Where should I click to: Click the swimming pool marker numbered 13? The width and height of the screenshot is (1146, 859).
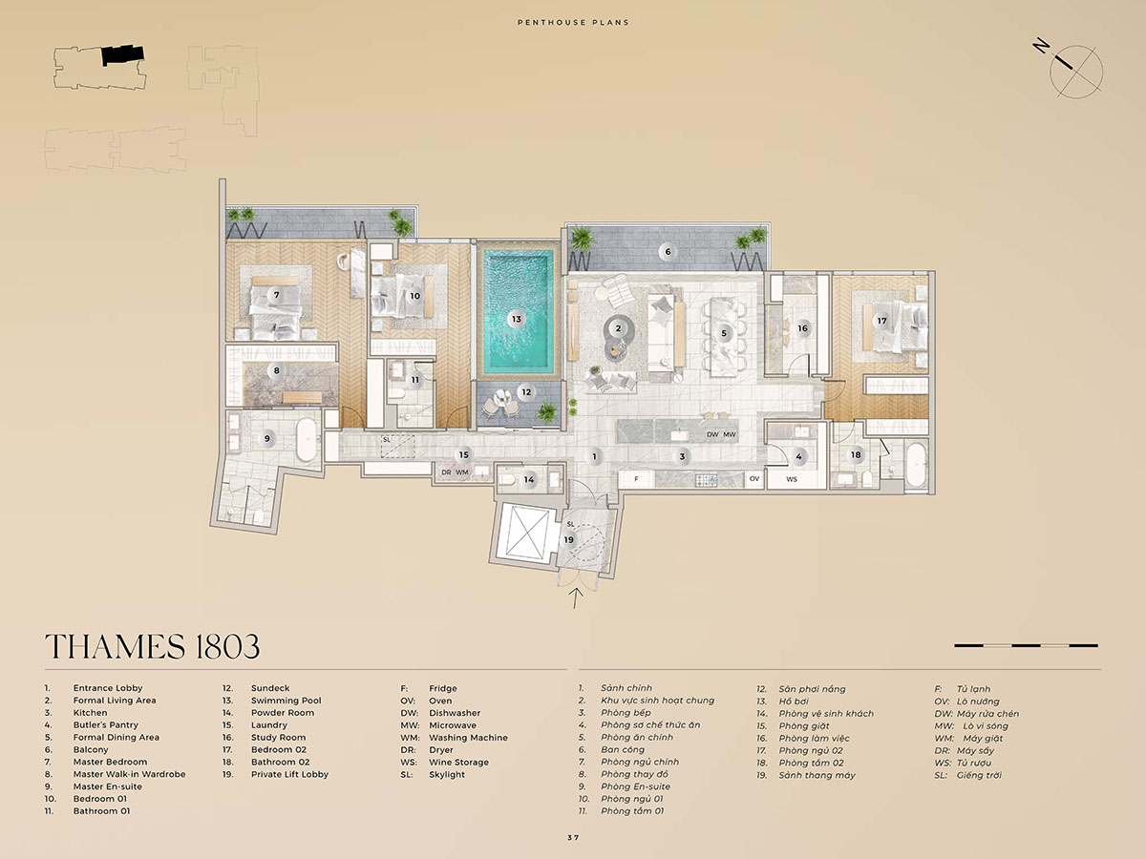click(517, 319)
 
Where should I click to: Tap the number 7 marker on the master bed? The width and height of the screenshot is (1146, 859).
click(277, 295)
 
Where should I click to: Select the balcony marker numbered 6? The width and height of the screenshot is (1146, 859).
click(668, 252)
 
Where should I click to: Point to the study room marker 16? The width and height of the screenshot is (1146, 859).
click(802, 328)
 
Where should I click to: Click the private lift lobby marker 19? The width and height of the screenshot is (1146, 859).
click(568, 540)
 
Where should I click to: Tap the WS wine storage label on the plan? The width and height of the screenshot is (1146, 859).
click(792, 479)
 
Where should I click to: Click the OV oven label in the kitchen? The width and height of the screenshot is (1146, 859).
click(754, 478)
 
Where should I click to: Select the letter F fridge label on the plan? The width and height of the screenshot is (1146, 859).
click(636, 478)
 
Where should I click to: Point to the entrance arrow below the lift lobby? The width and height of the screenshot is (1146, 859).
click(576, 598)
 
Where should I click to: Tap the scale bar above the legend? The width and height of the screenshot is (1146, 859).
click(1026, 645)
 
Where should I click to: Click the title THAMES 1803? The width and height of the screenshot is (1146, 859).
click(153, 646)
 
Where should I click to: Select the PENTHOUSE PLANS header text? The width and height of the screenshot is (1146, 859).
click(573, 22)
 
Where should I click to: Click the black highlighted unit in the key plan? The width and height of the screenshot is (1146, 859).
click(122, 55)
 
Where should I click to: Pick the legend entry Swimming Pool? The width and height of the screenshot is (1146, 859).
click(286, 701)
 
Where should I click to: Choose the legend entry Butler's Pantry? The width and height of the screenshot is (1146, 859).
click(105, 725)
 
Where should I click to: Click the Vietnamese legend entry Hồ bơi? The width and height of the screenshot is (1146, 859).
click(794, 701)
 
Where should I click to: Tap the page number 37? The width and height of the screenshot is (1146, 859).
click(573, 838)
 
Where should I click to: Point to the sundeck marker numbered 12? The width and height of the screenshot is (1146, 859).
click(526, 391)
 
